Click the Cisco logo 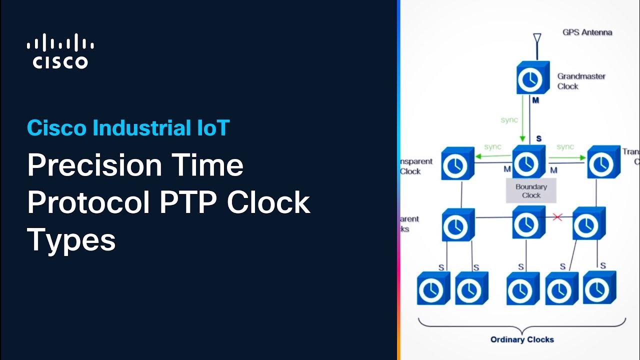[60, 51]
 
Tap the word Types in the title [71, 240]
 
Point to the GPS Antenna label [587, 32]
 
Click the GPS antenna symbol [537, 39]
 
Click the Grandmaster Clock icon [532, 78]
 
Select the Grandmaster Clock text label [581, 81]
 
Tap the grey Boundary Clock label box [531, 191]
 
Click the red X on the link [557, 217]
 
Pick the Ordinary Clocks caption [522, 339]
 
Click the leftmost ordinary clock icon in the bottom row [433, 288]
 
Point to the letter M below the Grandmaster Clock [535, 100]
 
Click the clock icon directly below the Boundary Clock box [528, 223]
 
